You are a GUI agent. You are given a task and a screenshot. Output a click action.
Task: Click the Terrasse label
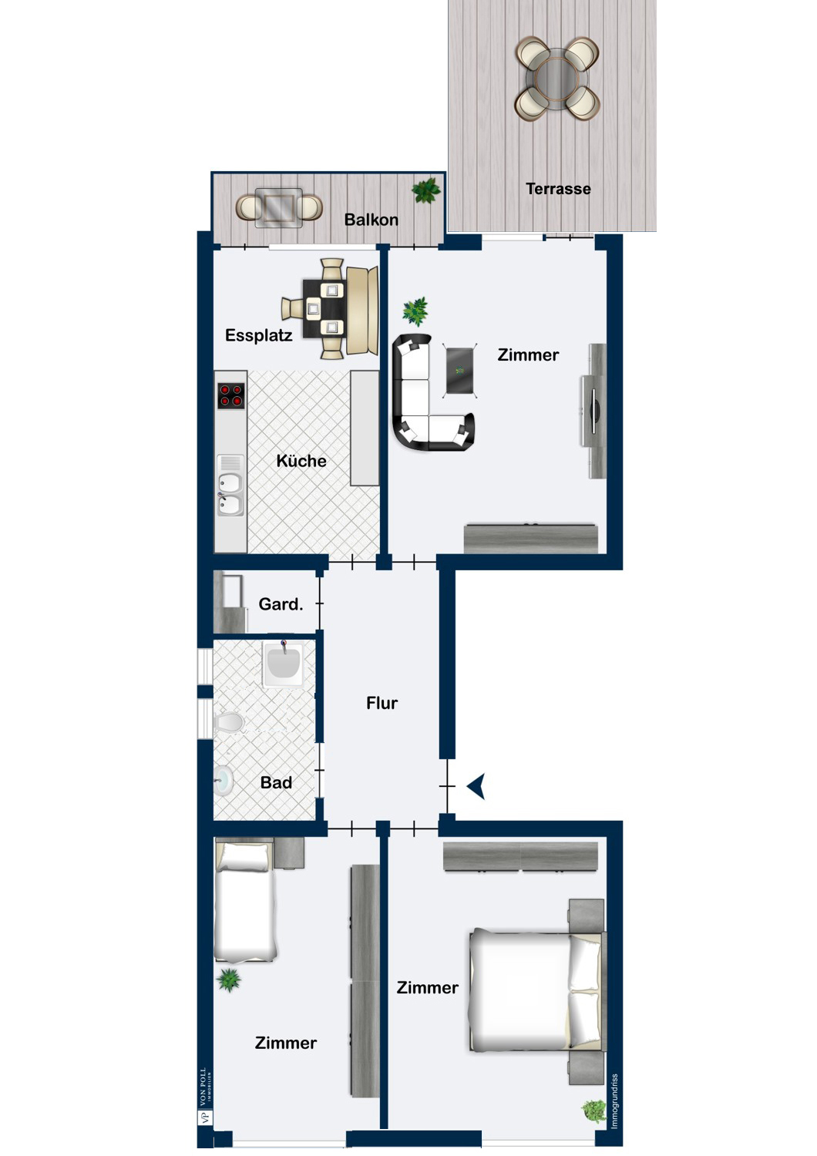click(558, 189)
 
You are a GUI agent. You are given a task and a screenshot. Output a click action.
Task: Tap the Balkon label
click(371, 220)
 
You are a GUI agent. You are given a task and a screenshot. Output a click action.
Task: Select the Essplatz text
click(258, 335)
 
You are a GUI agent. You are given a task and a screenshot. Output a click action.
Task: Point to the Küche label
click(301, 461)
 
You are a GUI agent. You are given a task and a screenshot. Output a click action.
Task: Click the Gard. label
click(280, 604)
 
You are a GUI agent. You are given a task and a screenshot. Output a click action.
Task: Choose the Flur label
click(382, 703)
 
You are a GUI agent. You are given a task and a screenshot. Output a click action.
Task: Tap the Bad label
click(275, 783)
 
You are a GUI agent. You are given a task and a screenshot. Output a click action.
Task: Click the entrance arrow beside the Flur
click(476, 786)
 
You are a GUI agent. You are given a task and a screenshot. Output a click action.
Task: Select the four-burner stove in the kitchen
click(230, 395)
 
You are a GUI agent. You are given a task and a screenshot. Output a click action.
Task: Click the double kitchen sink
click(230, 493)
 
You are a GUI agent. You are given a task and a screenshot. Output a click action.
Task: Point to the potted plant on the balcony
click(425, 190)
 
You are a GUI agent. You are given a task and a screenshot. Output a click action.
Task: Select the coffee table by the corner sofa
click(459, 371)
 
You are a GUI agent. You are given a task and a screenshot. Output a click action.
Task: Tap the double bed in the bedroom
click(536, 991)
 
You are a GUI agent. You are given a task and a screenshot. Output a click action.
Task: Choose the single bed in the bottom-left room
click(244, 902)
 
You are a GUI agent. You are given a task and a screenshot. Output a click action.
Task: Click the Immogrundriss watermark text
click(614, 1102)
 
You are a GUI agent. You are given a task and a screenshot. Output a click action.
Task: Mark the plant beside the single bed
click(229, 980)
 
